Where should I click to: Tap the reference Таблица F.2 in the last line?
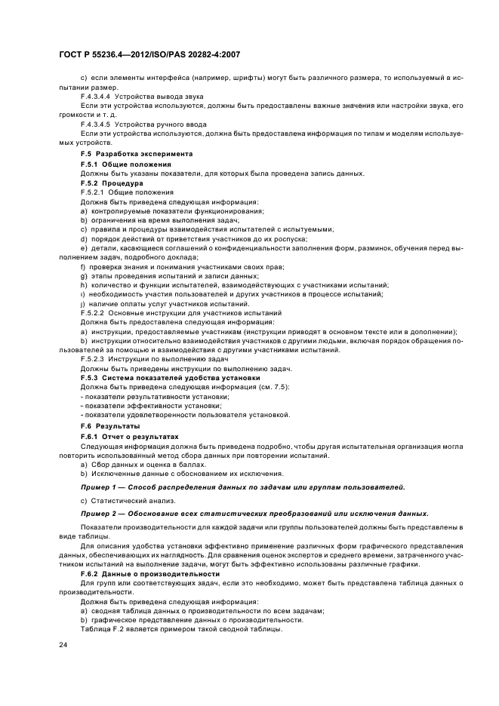[x=103, y=629]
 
